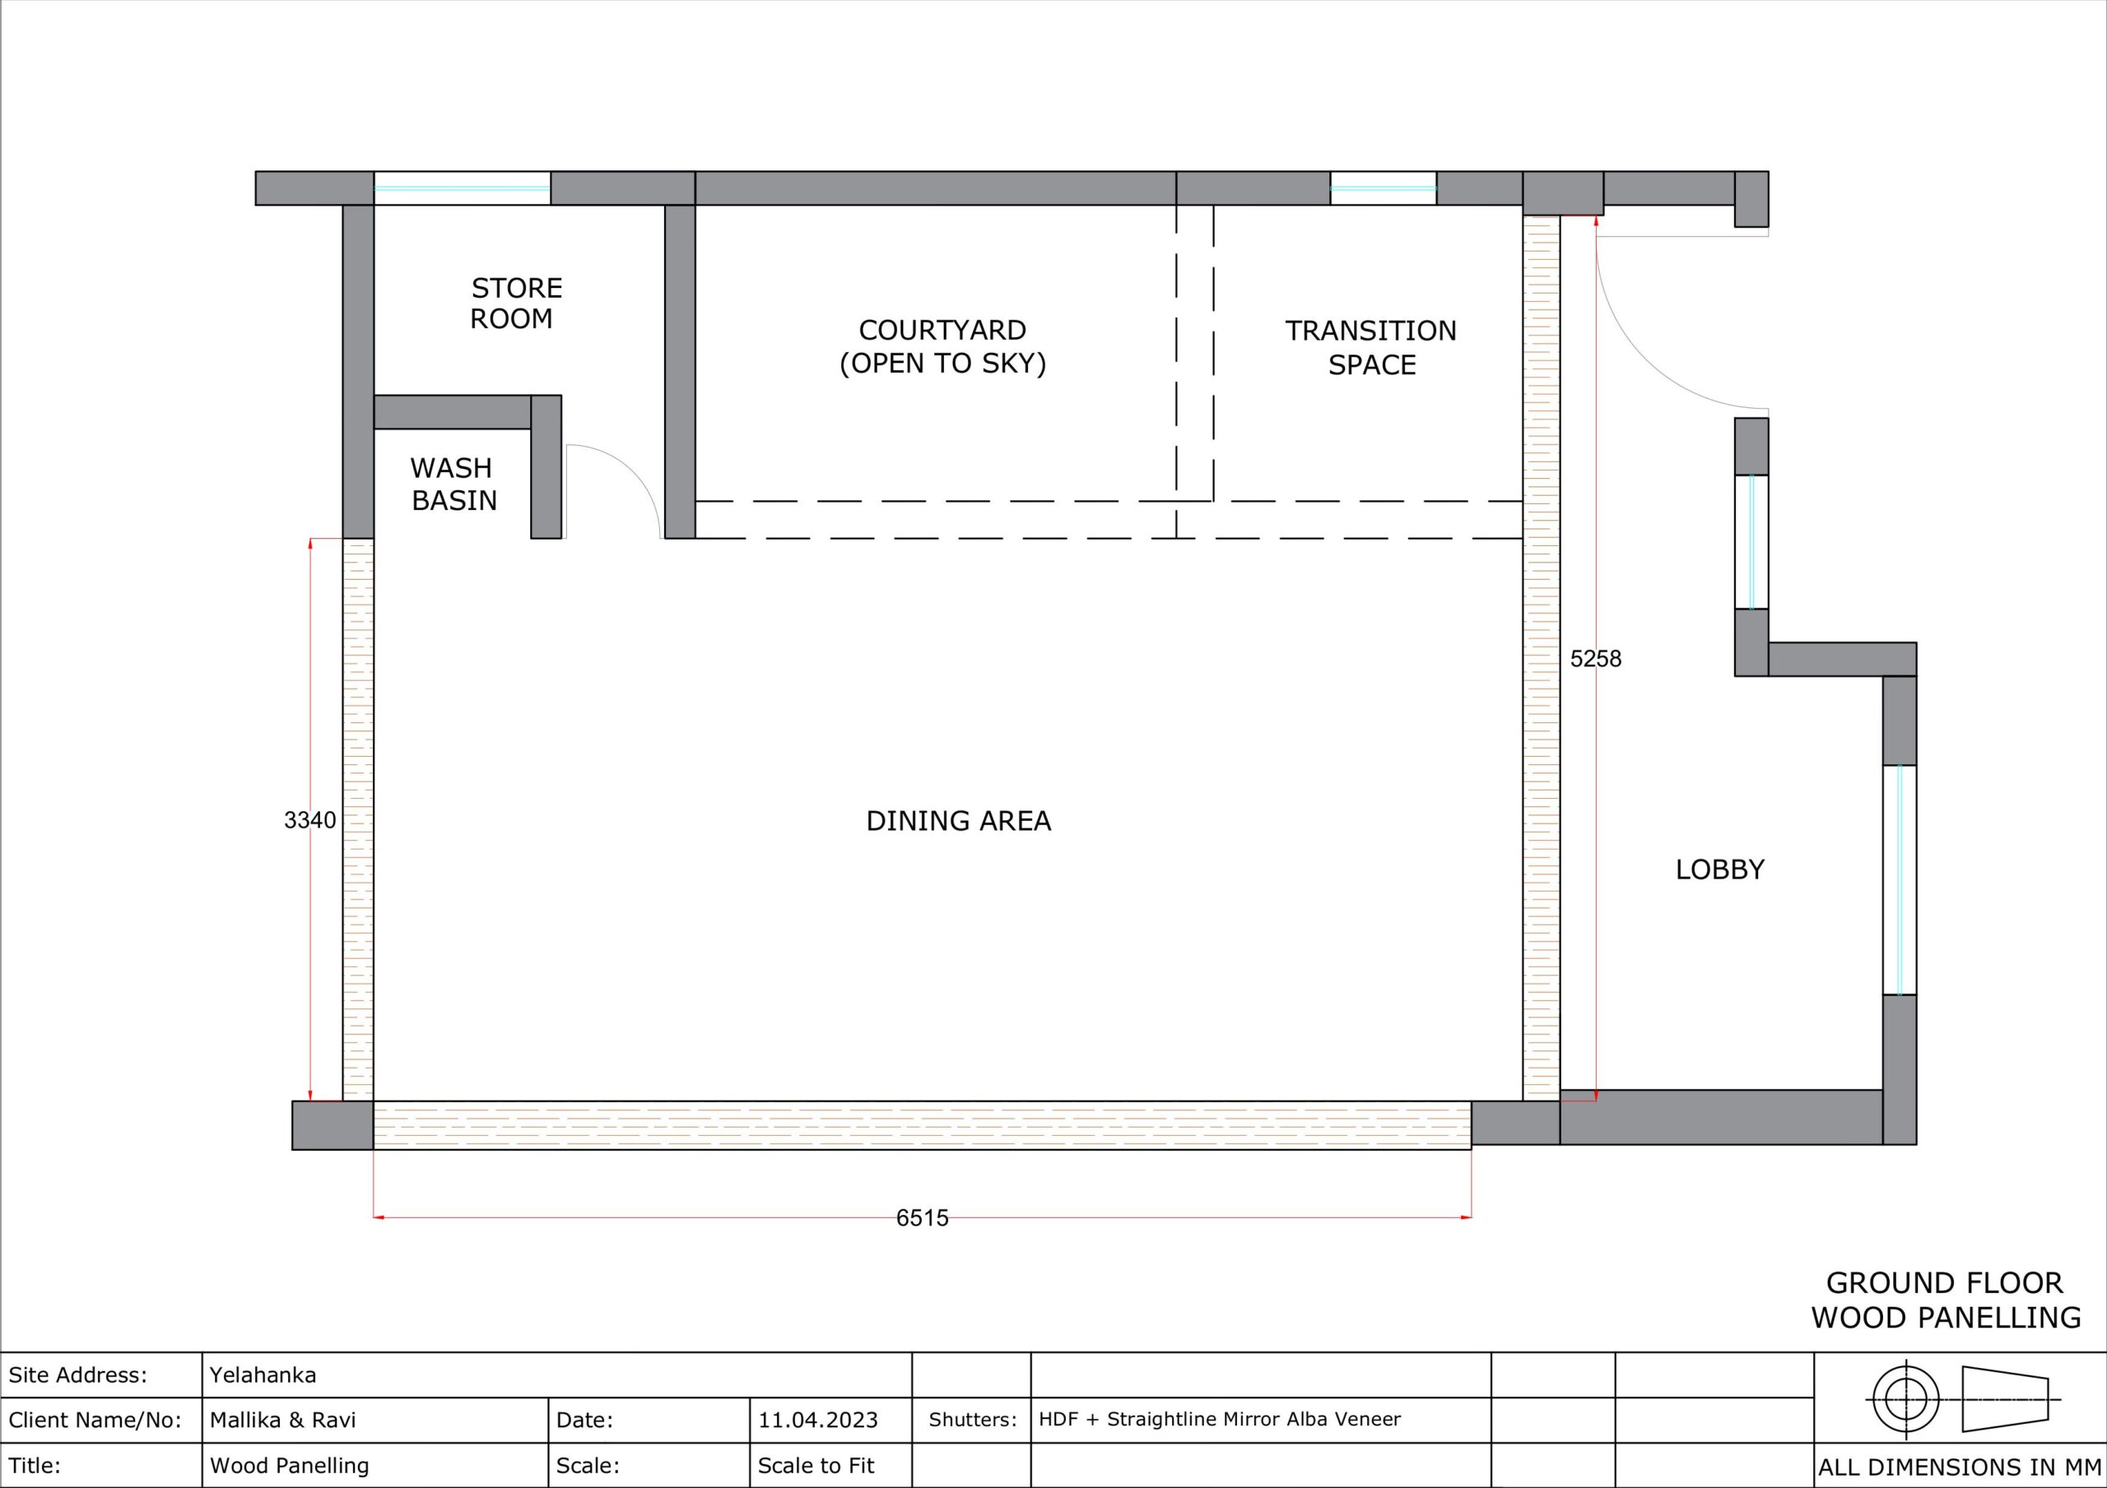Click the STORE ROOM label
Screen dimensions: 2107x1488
tap(516, 304)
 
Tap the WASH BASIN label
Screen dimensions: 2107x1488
tap(453, 484)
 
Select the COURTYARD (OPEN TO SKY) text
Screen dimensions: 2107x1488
tap(942, 347)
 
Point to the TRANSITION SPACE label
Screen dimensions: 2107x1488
tap(1371, 348)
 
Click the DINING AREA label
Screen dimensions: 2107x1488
tap(958, 821)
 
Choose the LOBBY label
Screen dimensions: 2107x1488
tap(1719, 869)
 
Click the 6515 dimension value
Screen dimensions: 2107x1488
tap(923, 1217)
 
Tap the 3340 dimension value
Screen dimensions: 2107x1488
tap(310, 820)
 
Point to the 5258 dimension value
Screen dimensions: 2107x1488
tap(1596, 659)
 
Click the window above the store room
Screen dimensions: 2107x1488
tap(462, 188)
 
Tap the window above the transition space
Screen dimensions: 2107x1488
tap(1383, 188)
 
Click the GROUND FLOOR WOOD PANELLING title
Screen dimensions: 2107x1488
tap(1946, 1300)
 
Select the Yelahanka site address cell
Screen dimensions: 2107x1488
tap(263, 1375)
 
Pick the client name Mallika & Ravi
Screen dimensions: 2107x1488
tap(282, 1420)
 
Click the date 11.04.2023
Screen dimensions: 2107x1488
tap(817, 1420)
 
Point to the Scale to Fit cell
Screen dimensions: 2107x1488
tap(816, 1466)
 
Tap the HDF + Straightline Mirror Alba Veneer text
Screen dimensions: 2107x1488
tap(1220, 1419)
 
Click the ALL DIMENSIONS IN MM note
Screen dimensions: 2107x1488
tap(1959, 1467)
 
